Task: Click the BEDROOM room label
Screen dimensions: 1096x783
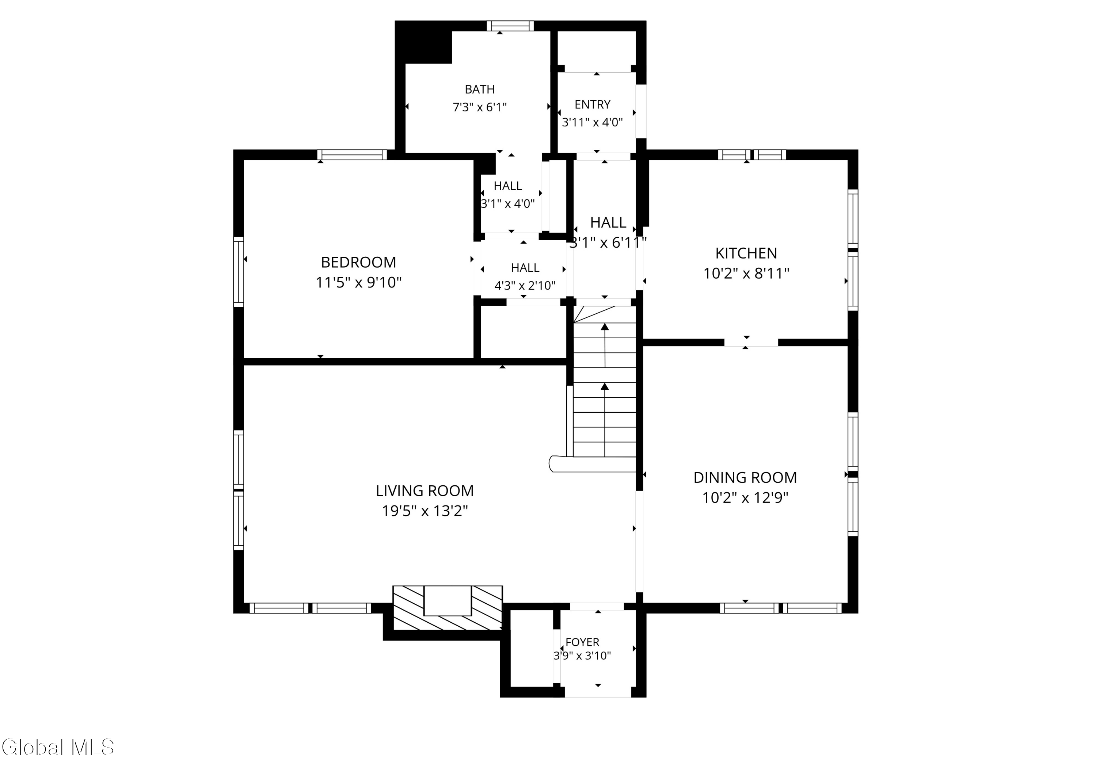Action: coord(358,262)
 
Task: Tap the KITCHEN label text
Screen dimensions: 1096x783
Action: coord(746,253)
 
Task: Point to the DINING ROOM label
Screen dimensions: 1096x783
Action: coord(745,477)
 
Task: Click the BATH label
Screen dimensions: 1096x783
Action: coord(479,89)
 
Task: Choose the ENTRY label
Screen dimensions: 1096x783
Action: coord(592,104)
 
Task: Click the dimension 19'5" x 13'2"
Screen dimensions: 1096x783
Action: coord(425,511)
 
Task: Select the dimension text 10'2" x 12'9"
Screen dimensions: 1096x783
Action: coord(745,497)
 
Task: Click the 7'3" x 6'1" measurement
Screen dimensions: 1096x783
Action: coord(479,107)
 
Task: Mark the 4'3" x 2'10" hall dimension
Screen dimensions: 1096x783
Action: coord(525,286)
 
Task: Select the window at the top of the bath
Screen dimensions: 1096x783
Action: coord(510,26)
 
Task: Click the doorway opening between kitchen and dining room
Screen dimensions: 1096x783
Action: coord(751,342)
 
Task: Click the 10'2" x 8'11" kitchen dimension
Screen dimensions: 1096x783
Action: coord(746,274)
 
